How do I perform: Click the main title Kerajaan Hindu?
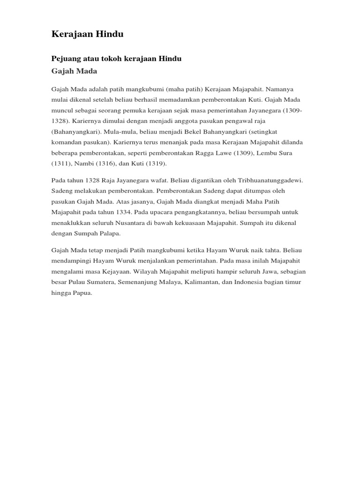point(87,35)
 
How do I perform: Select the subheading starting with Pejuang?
point(116,59)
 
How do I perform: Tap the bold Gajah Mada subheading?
point(74,71)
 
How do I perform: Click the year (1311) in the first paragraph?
point(60,164)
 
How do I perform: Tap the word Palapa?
point(109,232)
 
